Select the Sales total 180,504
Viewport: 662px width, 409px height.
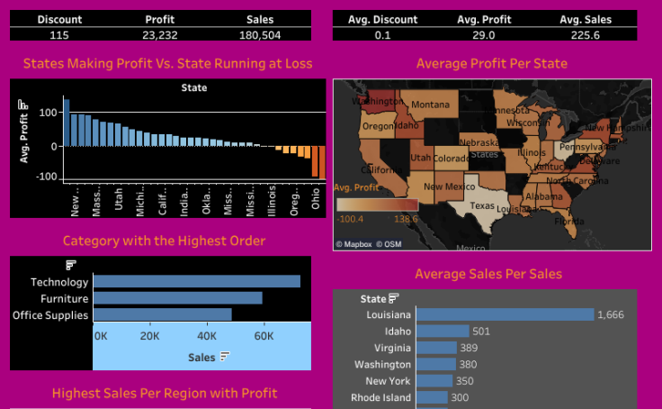pos(260,34)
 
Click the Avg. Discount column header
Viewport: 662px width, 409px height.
pos(383,18)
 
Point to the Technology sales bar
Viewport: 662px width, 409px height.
pos(196,281)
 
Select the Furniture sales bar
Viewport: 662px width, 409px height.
pos(177,298)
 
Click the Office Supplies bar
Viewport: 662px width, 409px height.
pos(162,314)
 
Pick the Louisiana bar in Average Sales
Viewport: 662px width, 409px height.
pos(505,314)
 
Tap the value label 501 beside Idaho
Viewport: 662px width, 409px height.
pos(480,332)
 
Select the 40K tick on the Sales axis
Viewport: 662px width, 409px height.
pos(206,336)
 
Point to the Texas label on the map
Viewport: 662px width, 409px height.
pos(482,205)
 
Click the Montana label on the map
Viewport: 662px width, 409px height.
pos(430,105)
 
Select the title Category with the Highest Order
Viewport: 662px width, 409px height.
pos(164,241)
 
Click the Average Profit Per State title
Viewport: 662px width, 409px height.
pos(491,64)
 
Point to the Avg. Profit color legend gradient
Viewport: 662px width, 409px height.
pos(377,204)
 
